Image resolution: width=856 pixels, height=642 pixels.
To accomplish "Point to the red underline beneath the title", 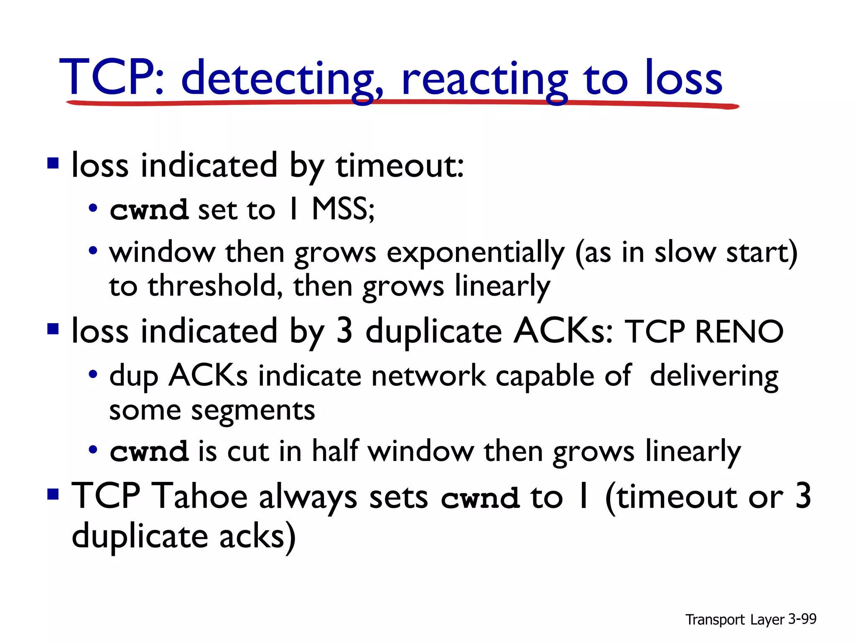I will pyautogui.click(x=401, y=103).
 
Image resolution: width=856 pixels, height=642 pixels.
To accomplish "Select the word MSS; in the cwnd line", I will pyautogui.click(x=343, y=209).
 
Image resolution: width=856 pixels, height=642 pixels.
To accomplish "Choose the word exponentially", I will pyautogui.click(x=476, y=254).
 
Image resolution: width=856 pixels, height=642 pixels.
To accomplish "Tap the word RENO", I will pyautogui.click(x=739, y=331).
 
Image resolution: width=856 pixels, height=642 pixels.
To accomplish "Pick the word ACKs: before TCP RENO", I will pyautogui.click(x=563, y=331).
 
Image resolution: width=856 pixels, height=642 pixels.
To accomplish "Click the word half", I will pyautogui.click(x=335, y=451).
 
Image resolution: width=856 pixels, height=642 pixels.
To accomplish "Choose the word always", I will pyautogui.click(x=308, y=497).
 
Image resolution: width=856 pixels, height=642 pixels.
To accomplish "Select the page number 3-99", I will pyautogui.click(x=802, y=619).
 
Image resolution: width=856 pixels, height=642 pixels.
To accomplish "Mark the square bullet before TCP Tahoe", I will pyautogui.click(x=53, y=495).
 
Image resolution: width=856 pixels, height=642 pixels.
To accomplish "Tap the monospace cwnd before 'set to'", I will pyautogui.click(x=149, y=210).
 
